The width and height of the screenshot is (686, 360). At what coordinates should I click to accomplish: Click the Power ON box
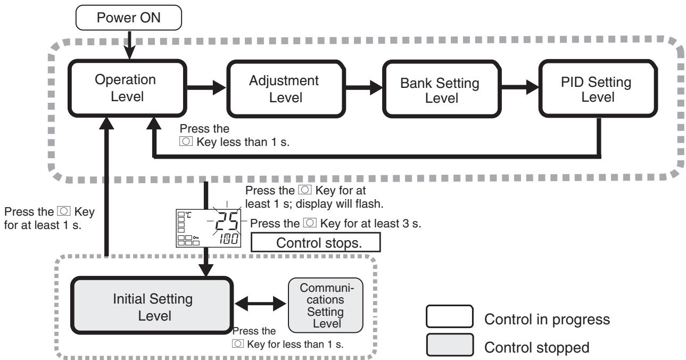coord(129,18)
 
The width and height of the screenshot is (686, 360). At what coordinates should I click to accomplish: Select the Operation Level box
coord(127,88)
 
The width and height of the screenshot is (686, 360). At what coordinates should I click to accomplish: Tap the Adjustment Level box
coord(286,89)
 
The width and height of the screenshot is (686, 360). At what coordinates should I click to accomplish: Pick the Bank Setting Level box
coord(442,89)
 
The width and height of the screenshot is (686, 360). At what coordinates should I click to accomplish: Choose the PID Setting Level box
coord(598,89)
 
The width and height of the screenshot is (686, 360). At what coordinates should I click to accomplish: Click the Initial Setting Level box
coord(152,306)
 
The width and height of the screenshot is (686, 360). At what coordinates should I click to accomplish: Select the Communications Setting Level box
coord(326,305)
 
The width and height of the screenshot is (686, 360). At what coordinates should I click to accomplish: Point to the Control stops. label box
coord(316,242)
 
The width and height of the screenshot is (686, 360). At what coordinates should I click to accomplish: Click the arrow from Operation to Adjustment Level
coord(206,88)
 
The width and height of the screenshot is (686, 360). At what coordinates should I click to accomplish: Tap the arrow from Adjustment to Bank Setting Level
coord(364,88)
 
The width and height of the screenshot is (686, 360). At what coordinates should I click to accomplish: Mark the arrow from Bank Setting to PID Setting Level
coord(520,88)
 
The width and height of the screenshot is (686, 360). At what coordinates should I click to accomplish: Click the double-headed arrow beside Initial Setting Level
coord(260,304)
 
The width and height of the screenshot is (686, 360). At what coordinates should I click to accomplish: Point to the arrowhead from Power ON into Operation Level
coord(130,52)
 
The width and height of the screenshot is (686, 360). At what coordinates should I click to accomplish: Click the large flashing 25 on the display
coord(227,221)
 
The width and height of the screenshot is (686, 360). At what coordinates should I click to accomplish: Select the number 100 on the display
coord(229,239)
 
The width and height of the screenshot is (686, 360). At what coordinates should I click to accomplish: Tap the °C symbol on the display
coord(188,215)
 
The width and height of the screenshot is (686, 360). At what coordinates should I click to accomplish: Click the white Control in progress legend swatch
coord(450,316)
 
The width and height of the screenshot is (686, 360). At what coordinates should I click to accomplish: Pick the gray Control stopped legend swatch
coord(450,345)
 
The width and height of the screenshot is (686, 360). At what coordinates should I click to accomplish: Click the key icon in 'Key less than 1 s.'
coord(186,142)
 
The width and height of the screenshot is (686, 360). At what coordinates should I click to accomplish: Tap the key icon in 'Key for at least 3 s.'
coord(310,223)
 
